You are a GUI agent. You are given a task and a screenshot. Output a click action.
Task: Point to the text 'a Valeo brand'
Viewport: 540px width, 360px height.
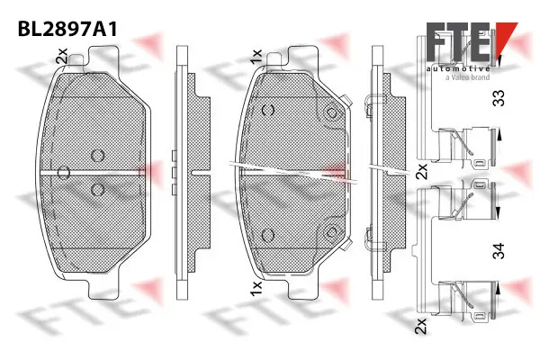(x=467, y=78)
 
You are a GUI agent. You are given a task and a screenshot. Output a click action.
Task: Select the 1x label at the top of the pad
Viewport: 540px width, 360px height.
(x=257, y=57)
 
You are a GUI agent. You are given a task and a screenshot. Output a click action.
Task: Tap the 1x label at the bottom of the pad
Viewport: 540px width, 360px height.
(x=256, y=290)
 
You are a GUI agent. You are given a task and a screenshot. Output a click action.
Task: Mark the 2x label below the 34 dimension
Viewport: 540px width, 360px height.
(x=420, y=327)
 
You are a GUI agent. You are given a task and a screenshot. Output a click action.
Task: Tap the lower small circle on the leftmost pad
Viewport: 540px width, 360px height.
(x=99, y=190)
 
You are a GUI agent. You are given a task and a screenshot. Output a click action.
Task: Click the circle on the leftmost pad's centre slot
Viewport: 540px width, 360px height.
(x=63, y=171)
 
